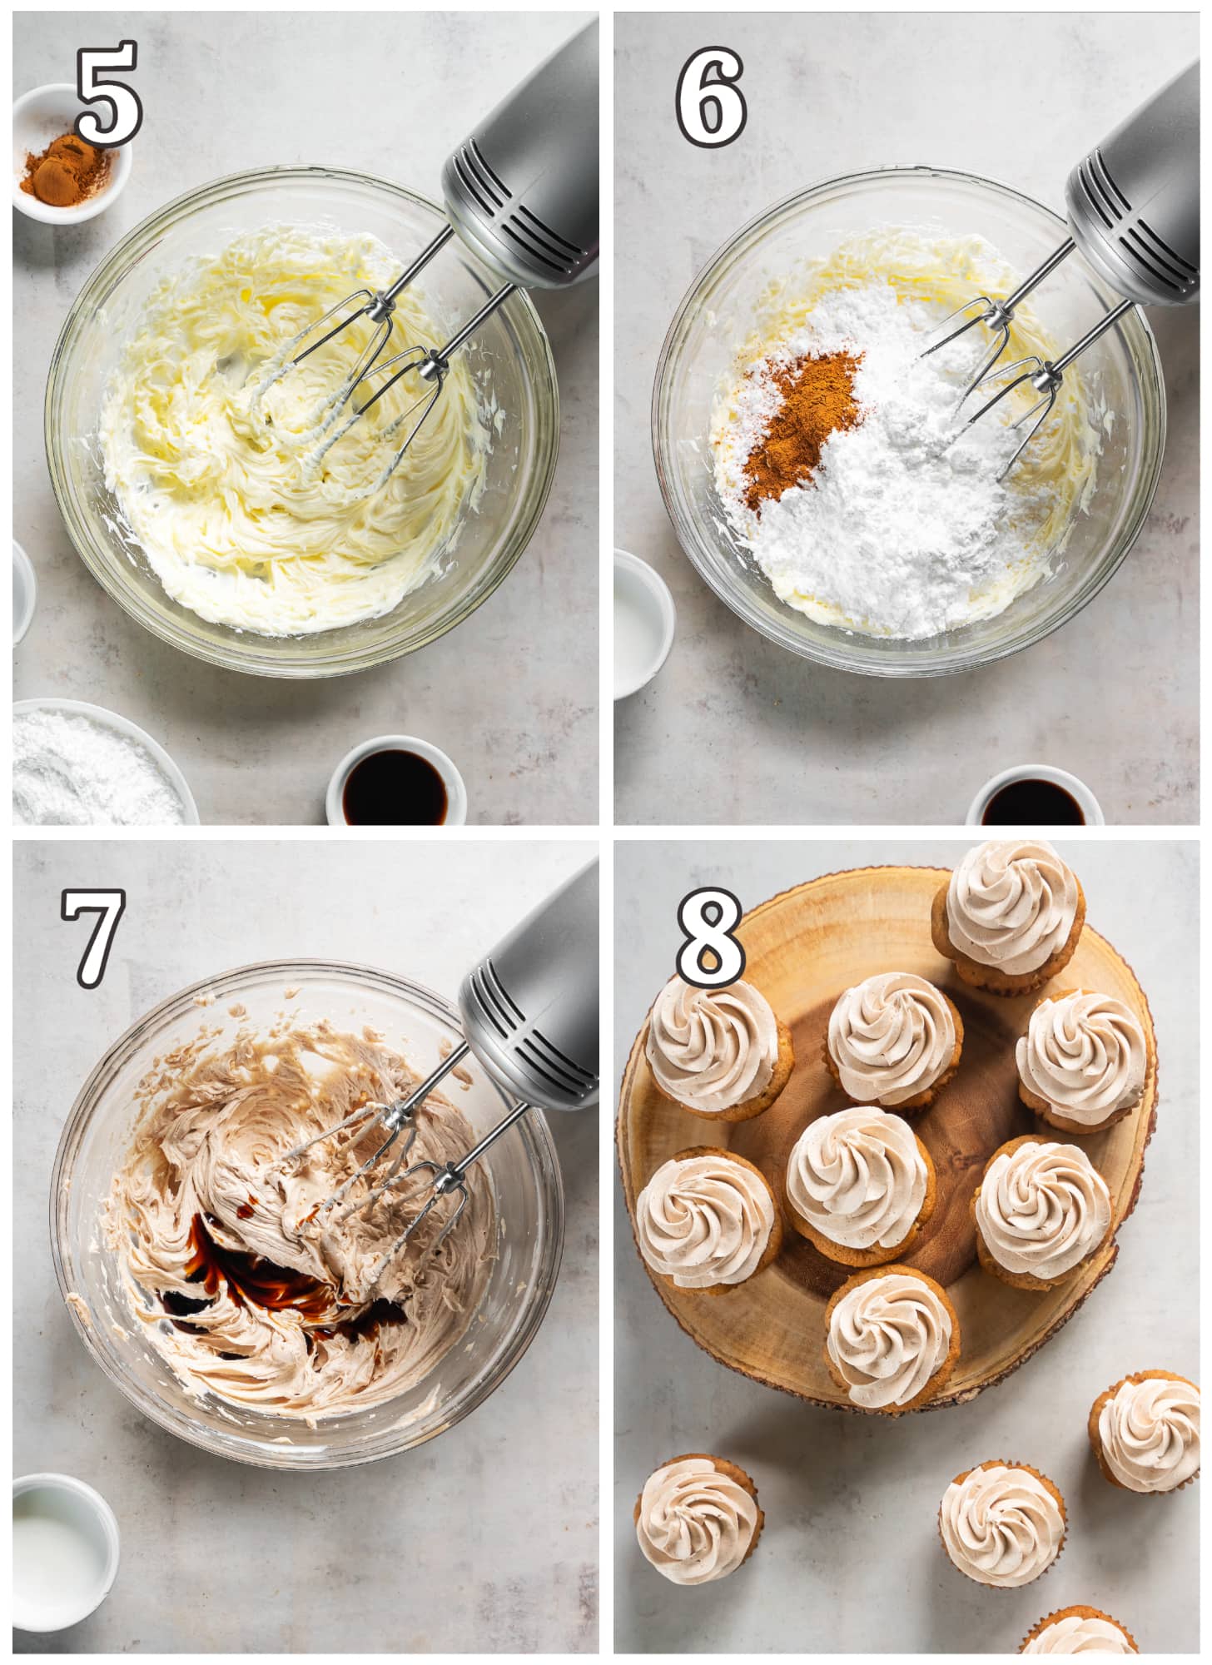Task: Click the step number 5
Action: coord(109,93)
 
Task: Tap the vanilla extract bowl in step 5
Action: coord(395,781)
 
